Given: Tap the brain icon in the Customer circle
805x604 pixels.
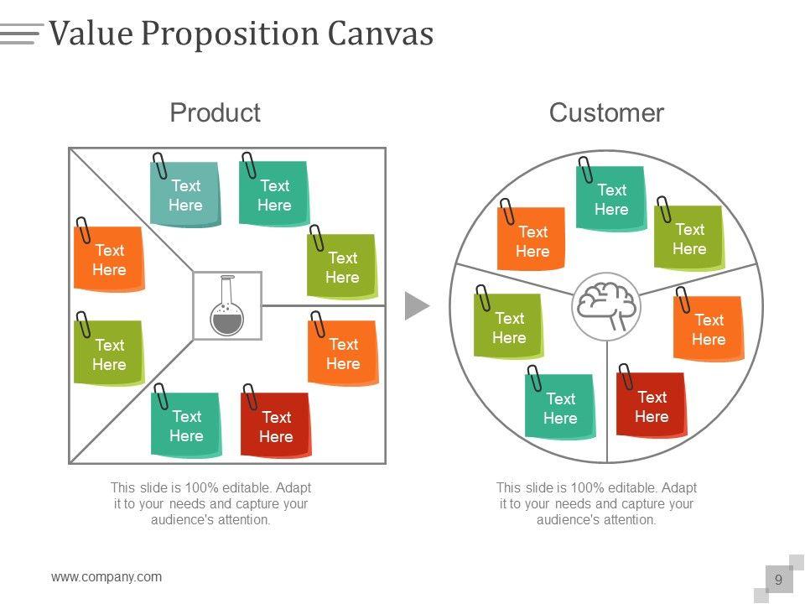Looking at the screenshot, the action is [x=606, y=307].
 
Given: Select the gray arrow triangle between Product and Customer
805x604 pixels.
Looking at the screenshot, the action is [x=417, y=305].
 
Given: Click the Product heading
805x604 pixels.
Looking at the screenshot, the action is [x=216, y=112].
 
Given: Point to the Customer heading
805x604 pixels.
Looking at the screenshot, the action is [x=606, y=112].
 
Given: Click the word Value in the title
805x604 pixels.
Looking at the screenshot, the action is [x=91, y=33].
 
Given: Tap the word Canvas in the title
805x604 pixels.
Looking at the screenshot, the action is [x=381, y=33].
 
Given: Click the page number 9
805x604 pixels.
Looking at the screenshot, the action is [x=779, y=580].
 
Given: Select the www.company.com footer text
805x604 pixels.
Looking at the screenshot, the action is [x=106, y=577].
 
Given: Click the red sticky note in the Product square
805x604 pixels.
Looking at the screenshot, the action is [x=276, y=424].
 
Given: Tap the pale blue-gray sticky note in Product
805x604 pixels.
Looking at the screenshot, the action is [x=185, y=194].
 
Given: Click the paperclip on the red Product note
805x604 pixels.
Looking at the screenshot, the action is [x=250, y=396].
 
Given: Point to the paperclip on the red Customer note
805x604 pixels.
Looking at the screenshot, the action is [x=626, y=377].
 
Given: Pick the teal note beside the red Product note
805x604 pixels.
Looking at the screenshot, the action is [x=186, y=424].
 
